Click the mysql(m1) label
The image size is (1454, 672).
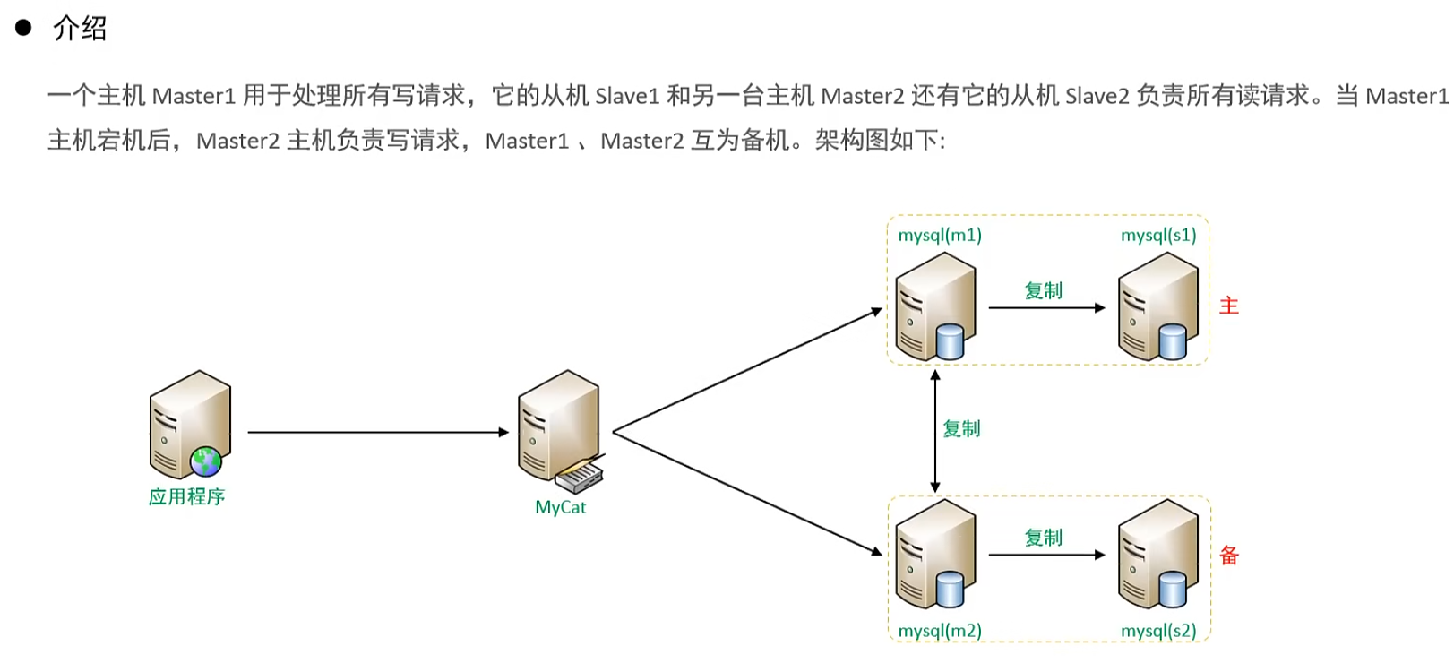pyautogui.click(x=940, y=236)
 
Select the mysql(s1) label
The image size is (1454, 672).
pyautogui.click(x=1158, y=236)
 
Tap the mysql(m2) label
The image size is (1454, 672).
pyautogui.click(x=940, y=631)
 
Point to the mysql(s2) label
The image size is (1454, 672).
pyautogui.click(x=1158, y=631)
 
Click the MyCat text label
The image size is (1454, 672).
pyautogui.click(x=560, y=507)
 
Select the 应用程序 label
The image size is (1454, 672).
pyautogui.click(x=186, y=496)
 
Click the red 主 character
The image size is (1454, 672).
pyautogui.click(x=1229, y=306)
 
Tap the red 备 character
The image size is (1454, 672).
pyautogui.click(x=1229, y=556)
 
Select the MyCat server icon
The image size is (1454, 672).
pyautogui.click(x=558, y=426)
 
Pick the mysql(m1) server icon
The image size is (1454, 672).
pyautogui.click(x=935, y=306)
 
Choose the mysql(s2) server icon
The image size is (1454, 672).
pyautogui.click(x=1157, y=554)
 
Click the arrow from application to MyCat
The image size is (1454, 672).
pyautogui.click(x=376, y=432)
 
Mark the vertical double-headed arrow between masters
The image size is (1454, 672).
pyautogui.click(x=935, y=431)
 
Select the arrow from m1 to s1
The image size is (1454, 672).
pyautogui.click(x=1046, y=308)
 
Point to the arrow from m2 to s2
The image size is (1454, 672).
pyautogui.click(x=1046, y=556)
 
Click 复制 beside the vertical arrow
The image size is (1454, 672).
pyautogui.click(x=962, y=429)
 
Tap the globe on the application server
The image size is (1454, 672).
pyautogui.click(x=206, y=461)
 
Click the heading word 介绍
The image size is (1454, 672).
pyautogui.click(x=80, y=29)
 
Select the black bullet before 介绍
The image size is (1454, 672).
pyautogui.click(x=23, y=28)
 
